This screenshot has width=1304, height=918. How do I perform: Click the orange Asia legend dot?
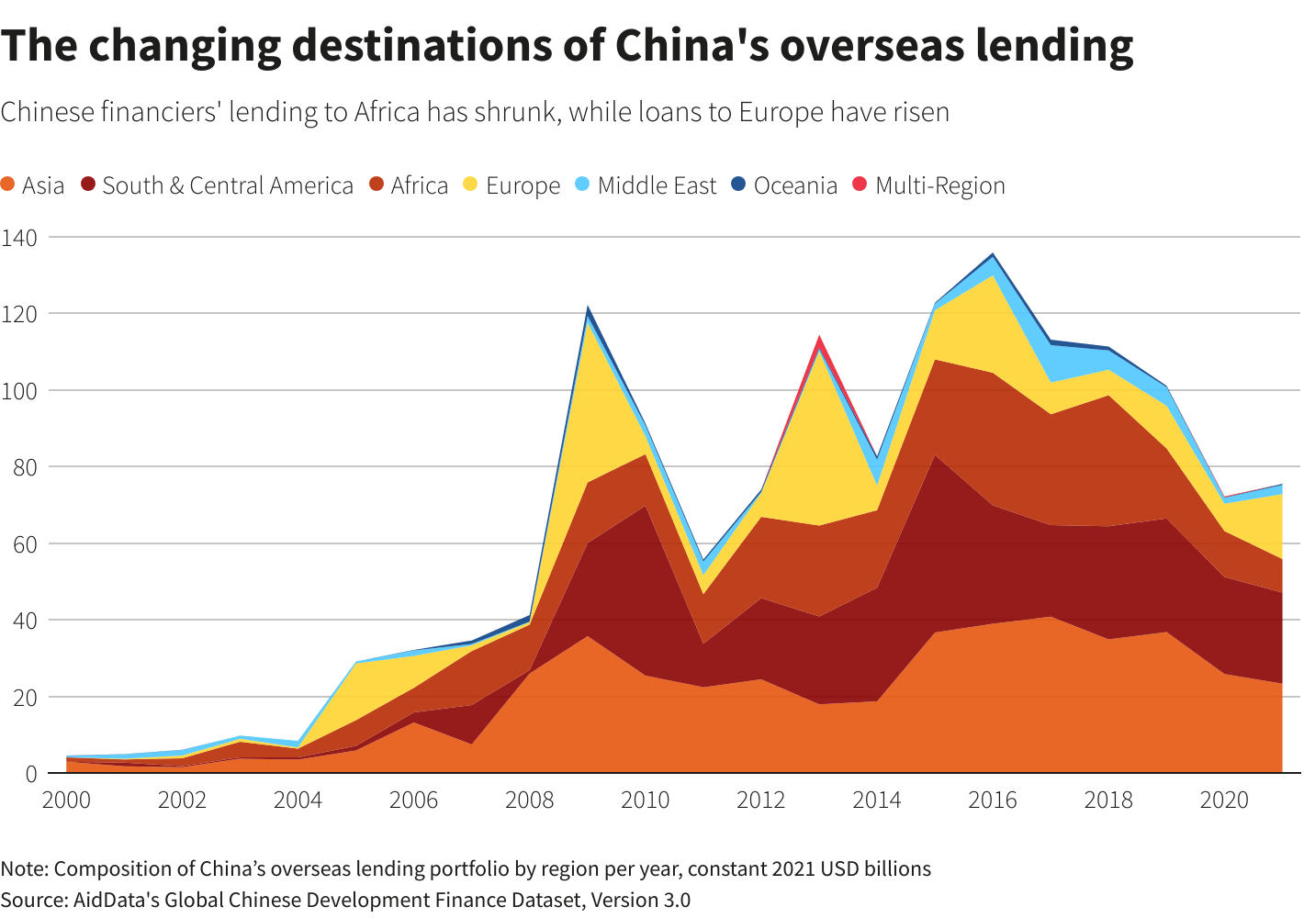9,185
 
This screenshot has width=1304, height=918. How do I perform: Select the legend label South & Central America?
228,185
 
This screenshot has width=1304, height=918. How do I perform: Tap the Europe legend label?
523,185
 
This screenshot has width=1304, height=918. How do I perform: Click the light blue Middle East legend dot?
582,185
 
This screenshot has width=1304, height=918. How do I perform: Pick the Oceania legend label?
795,185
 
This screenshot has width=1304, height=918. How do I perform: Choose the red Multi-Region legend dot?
860,185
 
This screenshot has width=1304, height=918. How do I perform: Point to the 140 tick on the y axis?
19,238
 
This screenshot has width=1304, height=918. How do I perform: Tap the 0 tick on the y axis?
31,774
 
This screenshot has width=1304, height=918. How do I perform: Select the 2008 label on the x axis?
530,800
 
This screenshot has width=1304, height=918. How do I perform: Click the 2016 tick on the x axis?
993,800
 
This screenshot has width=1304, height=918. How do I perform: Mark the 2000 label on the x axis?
67,800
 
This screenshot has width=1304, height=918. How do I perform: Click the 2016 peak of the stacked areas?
993,254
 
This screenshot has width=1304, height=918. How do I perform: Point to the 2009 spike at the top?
588,308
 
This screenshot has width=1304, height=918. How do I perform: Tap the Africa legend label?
419,185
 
